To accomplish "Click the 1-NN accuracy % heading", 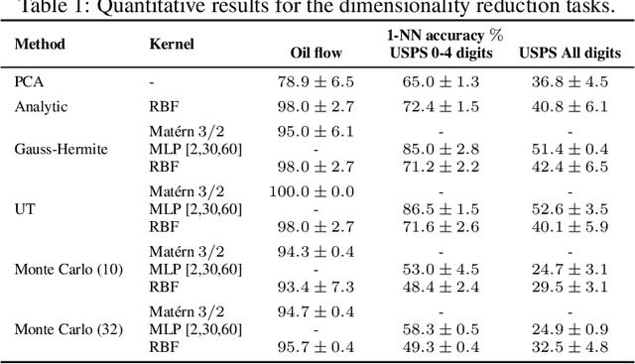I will coord(444,36).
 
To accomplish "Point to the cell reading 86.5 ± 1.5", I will coord(444,209).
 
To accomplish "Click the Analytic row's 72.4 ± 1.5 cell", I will coord(444,105).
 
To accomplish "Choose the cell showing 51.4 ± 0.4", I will coord(571,149).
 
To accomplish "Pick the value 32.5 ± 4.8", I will coord(571,347).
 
